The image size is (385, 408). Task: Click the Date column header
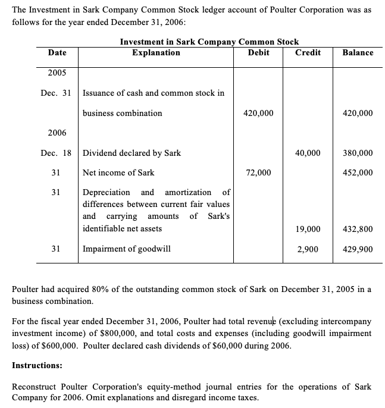click(x=57, y=52)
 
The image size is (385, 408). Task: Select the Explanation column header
click(x=156, y=52)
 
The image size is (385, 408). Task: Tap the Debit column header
click(x=259, y=52)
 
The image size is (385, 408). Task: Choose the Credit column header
click(x=308, y=52)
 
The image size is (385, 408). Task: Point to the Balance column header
click(x=358, y=52)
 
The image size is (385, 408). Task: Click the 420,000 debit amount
click(x=259, y=113)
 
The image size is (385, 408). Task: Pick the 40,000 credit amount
click(x=308, y=153)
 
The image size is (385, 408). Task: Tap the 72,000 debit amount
click(x=259, y=172)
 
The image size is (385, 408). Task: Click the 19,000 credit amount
click(x=308, y=228)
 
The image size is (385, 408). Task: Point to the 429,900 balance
click(x=358, y=249)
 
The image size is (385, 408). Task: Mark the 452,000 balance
click(x=358, y=172)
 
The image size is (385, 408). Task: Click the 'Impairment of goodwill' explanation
click(x=126, y=249)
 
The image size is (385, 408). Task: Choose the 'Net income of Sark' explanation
click(x=118, y=172)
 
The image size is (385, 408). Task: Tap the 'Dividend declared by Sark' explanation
click(x=132, y=153)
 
